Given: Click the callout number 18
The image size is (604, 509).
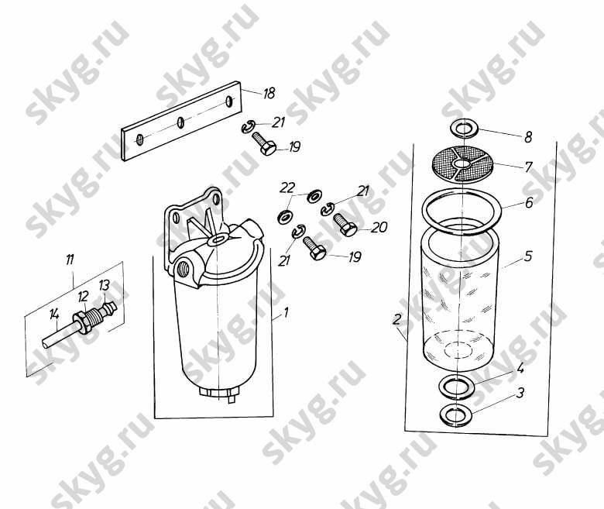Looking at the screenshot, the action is pyautogui.click(x=269, y=93).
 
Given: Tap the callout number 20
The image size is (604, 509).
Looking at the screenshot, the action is pyautogui.click(x=379, y=227).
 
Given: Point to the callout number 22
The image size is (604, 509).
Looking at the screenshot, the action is pyautogui.click(x=287, y=187).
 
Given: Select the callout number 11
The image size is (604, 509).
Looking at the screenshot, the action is pyautogui.click(x=70, y=260).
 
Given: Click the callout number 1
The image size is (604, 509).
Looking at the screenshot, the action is pyautogui.click(x=286, y=312).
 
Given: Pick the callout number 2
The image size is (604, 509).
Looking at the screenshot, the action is pyautogui.click(x=397, y=319).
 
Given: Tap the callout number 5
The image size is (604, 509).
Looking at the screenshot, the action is pyautogui.click(x=528, y=256).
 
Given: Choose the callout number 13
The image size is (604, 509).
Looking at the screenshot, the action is pyautogui.click(x=104, y=285).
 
